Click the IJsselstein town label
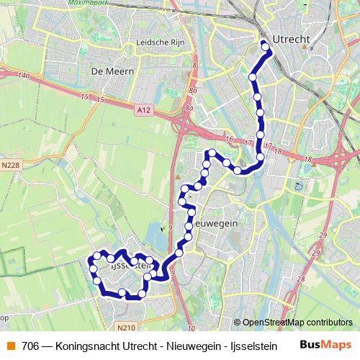click(130, 265)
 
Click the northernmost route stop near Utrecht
click(265, 48)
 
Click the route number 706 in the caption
click(30, 346)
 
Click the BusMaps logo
click(325, 345)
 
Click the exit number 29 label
click(323, 235)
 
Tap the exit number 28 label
click(302, 279)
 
